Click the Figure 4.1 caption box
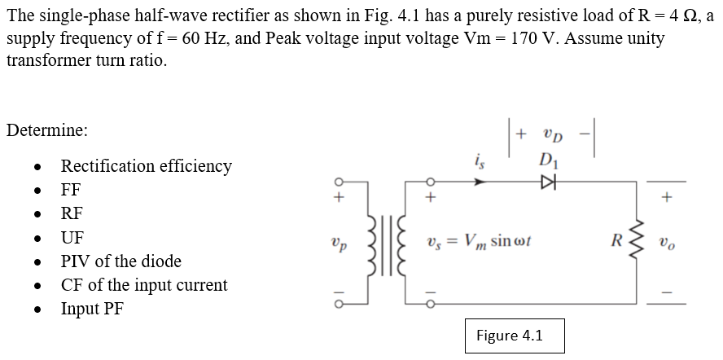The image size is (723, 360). [510, 335]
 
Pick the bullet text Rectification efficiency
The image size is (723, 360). [147, 166]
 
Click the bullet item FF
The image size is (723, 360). [72, 191]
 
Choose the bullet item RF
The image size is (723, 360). [72, 214]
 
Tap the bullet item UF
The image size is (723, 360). [72, 238]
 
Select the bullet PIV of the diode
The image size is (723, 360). [121, 261]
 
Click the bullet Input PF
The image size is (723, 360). [92, 310]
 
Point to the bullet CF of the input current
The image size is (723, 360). [144, 286]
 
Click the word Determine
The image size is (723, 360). [46, 130]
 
